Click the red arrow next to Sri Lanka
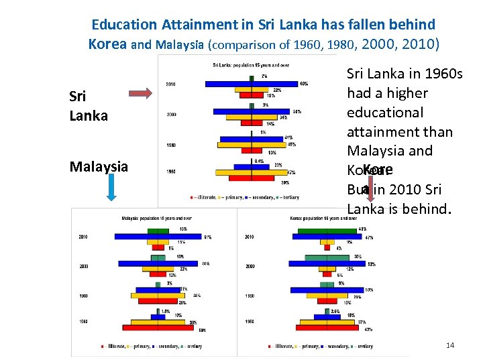pos(140,93)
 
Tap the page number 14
pos(450,345)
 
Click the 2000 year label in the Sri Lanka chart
pos(172,115)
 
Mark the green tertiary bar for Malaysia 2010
pos(158,230)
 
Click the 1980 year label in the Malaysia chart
pos(84,296)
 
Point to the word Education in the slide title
pos(124,25)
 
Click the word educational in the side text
pos(384,112)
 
